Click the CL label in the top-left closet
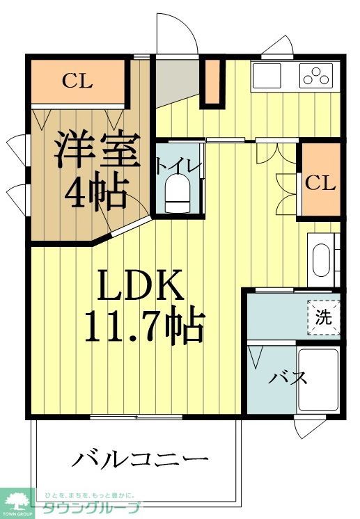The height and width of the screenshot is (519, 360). [77, 81]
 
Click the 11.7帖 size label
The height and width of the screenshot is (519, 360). [143, 325]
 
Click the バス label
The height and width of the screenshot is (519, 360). [288, 379]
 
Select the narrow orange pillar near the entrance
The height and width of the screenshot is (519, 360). [212, 83]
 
